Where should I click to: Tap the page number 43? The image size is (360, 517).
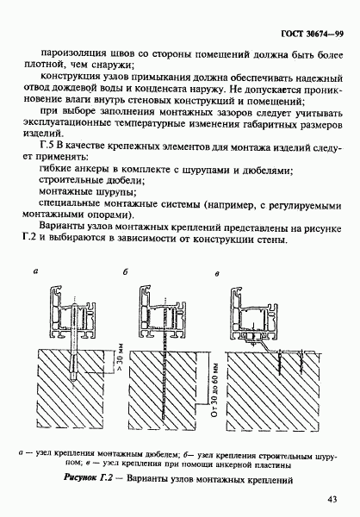(332, 499)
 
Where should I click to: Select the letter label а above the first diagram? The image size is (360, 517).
(36, 271)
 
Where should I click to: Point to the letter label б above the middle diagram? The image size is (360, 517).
(125, 271)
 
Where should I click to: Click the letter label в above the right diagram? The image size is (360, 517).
(216, 274)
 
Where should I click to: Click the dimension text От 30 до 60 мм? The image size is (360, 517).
(215, 390)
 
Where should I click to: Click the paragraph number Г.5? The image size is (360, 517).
(47, 146)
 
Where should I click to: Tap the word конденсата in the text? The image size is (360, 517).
(160, 89)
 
